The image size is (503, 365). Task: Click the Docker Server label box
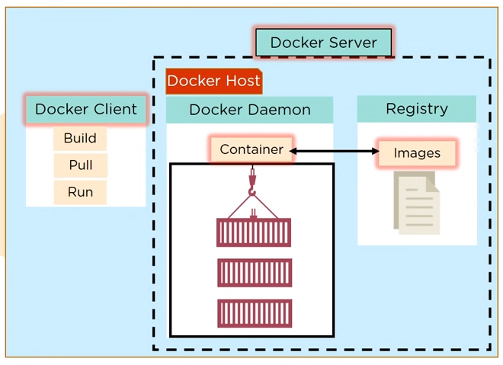coord(323,43)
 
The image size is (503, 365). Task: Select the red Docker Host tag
coord(213,81)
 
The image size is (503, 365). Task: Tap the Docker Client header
coord(85,109)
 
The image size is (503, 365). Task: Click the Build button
coord(80,139)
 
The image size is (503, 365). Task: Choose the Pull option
coord(80,165)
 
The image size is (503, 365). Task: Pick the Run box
coord(80,192)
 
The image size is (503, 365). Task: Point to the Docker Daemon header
coord(249,110)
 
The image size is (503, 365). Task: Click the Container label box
coord(251,149)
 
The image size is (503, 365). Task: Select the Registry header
coord(416,109)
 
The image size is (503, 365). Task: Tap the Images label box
coord(417,153)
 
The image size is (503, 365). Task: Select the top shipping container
coord(254,232)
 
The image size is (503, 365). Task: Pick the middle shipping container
coord(254,273)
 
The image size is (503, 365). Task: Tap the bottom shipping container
coord(254,313)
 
